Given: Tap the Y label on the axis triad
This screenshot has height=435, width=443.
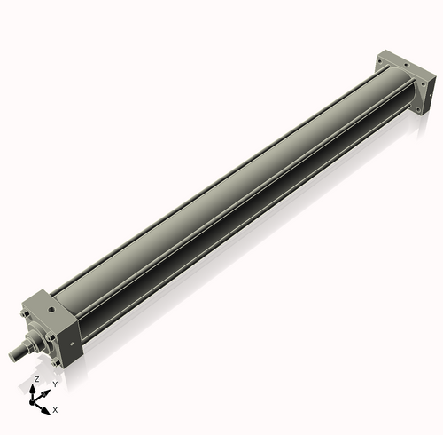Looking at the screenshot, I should tap(54, 384).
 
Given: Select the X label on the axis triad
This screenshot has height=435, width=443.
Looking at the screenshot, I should tap(55, 410).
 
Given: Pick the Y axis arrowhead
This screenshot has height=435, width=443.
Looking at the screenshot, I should tap(47, 391).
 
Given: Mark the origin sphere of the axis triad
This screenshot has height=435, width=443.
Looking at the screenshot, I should tap(36, 401).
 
